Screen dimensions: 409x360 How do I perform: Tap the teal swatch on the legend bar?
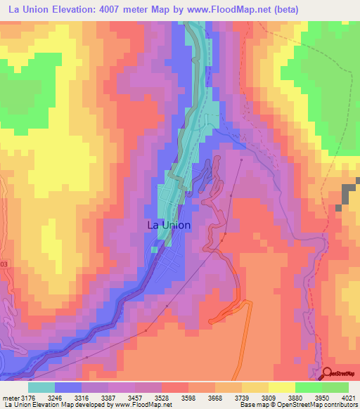point(41,387)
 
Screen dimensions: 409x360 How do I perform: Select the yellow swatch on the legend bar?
point(281,387)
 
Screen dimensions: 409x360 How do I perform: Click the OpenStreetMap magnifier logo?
point(328,372)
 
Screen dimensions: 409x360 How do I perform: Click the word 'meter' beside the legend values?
point(8,397)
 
